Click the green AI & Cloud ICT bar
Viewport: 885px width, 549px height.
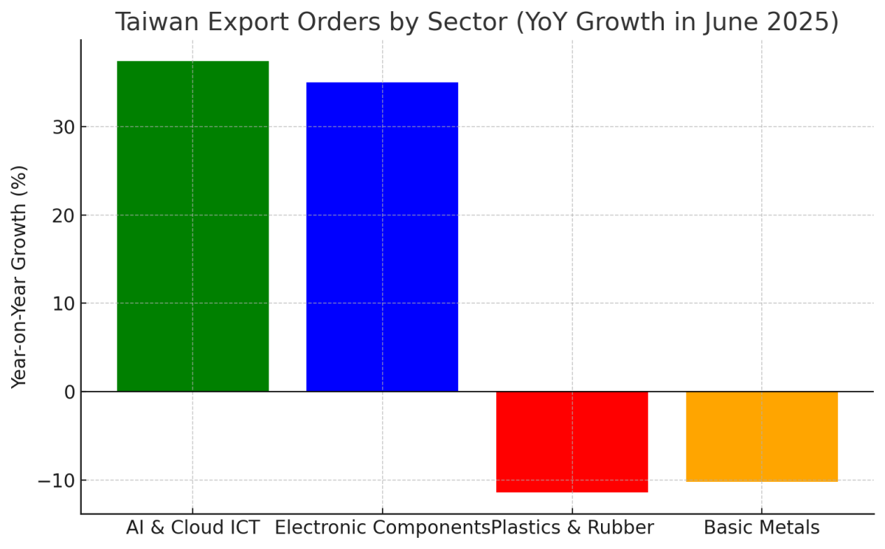tap(192, 226)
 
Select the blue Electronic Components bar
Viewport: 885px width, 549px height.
tap(382, 236)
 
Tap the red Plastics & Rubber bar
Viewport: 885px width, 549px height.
tap(572, 441)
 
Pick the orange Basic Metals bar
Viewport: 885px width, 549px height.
tap(762, 436)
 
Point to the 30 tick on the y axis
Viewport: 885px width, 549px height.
tap(65, 127)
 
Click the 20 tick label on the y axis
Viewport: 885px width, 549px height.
tap(65, 215)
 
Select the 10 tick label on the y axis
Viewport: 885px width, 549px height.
tap(65, 303)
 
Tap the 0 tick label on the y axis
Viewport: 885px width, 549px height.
tap(70, 392)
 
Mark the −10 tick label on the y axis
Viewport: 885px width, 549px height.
tap(58, 480)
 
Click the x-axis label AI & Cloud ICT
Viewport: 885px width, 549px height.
tap(192, 528)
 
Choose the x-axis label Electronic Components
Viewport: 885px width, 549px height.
tap(382, 528)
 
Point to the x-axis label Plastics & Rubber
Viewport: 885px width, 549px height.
tap(573, 528)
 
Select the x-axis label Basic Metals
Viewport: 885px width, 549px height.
tap(762, 528)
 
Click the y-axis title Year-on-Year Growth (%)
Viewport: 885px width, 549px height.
tap(20, 277)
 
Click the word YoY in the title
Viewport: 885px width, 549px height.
tap(543, 23)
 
